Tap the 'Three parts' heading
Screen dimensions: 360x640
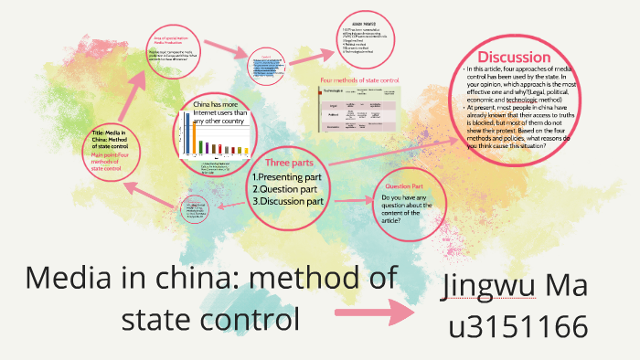289,162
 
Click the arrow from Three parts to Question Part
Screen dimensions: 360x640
353,198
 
